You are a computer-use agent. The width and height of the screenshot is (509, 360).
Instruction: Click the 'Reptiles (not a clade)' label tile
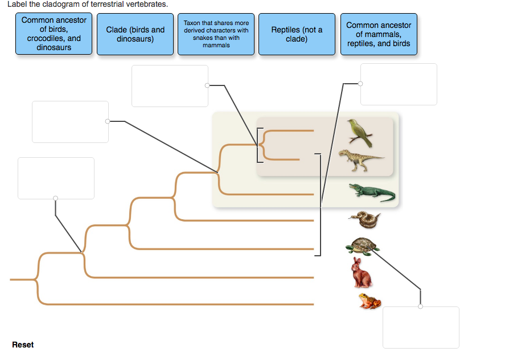coord(297,34)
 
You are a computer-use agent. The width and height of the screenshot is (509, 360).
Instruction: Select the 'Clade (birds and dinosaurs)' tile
coord(135,34)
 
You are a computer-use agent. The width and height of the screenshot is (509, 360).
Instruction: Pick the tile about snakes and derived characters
coord(216,34)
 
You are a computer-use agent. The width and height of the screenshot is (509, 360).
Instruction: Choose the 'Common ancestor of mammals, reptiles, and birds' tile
coord(379,34)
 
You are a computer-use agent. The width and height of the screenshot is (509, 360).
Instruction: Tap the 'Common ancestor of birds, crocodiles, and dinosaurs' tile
coord(54,34)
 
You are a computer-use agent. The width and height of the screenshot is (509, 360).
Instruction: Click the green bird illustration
coord(360,133)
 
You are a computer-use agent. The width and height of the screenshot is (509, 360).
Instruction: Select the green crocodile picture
coord(371,193)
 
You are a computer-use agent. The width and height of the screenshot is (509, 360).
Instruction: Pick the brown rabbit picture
coord(360,273)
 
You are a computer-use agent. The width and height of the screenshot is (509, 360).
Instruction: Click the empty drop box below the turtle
coord(421,327)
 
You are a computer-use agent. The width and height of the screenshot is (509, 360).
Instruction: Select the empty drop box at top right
coord(399,84)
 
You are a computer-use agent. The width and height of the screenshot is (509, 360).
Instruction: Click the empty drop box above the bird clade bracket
coord(170,86)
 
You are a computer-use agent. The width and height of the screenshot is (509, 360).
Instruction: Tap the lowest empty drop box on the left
coord(56,178)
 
